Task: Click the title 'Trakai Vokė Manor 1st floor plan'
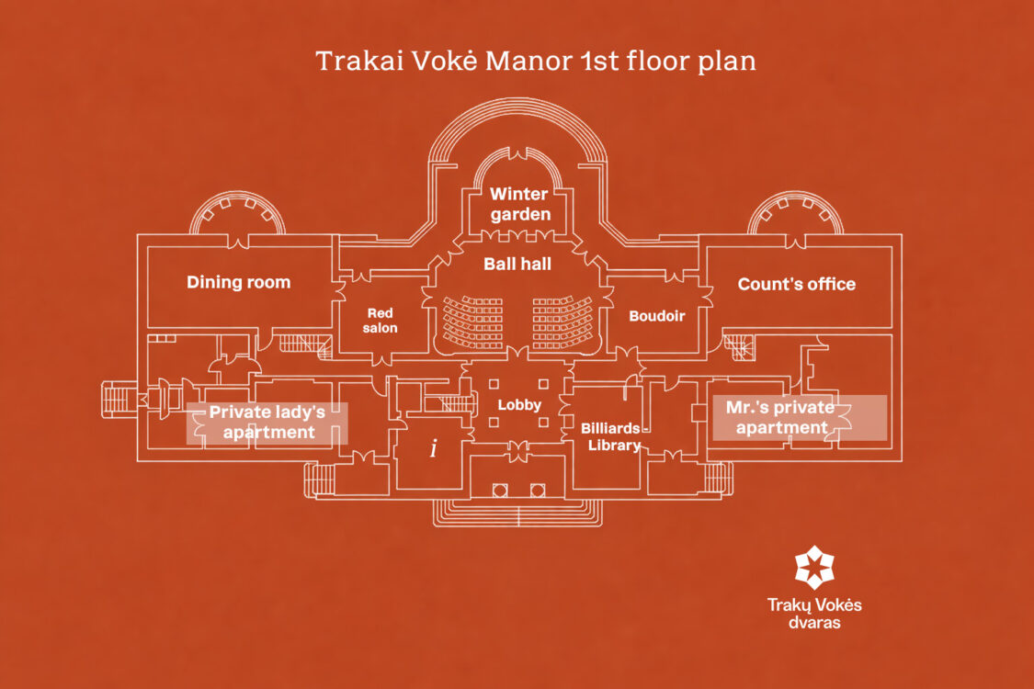[536, 61]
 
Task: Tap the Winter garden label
[519, 204]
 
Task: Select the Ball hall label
[517, 264]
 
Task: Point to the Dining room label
[239, 282]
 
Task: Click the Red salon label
[380, 321]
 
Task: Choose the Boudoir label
[657, 316]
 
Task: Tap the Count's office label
[797, 284]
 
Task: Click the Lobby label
[519, 405]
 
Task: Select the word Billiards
[610, 428]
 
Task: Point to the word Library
[614, 446]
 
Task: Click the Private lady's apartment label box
[267, 423]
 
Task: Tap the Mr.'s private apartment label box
[800, 417]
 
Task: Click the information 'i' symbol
[433, 448]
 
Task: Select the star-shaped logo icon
[814, 567]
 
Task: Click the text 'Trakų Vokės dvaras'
[814, 613]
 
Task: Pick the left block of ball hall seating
[472, 322]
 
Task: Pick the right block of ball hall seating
[562, 322]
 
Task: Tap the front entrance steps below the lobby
[517, 513]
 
